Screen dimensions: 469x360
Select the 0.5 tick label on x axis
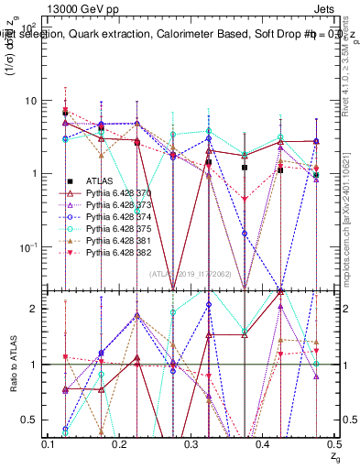(333, 444)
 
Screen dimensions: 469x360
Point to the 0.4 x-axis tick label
(262, 444)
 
